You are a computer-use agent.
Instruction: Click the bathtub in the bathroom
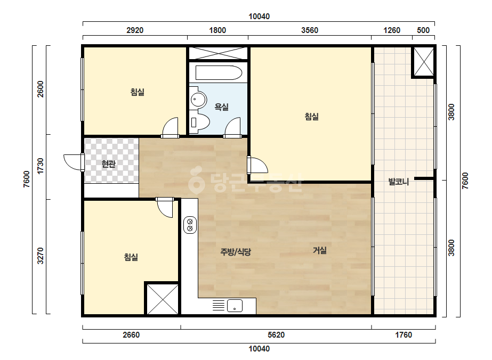tap(219, 73)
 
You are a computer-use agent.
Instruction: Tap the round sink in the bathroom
tap(198, 100)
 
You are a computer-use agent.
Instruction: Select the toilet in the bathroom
tap(199, 122)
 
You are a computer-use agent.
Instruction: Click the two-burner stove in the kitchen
tap(190, 225)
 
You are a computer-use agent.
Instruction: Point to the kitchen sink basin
tap(235, 306)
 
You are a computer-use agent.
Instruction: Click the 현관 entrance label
tap(109, 163)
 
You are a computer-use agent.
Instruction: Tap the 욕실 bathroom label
tap(222, 107)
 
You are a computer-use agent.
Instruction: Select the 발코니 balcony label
tap(399, 182)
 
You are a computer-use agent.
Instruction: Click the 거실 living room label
tap(320, 250)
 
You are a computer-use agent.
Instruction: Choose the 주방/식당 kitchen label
tap(236, 252)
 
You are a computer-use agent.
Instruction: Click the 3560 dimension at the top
tap(310, 30)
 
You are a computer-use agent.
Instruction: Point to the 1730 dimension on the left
tap(41, 166)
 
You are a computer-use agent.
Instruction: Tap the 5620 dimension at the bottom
tap(276, 335)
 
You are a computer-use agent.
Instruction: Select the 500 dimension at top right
tap(423, 30)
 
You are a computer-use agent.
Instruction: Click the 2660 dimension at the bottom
tap(131, 335)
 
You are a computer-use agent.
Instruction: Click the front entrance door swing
tap(74, 162)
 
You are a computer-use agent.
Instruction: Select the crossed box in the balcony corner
tap(423, 62)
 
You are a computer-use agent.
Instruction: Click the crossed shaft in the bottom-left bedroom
tap(162, 299)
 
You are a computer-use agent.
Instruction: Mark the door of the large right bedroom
tap(257, 165)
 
